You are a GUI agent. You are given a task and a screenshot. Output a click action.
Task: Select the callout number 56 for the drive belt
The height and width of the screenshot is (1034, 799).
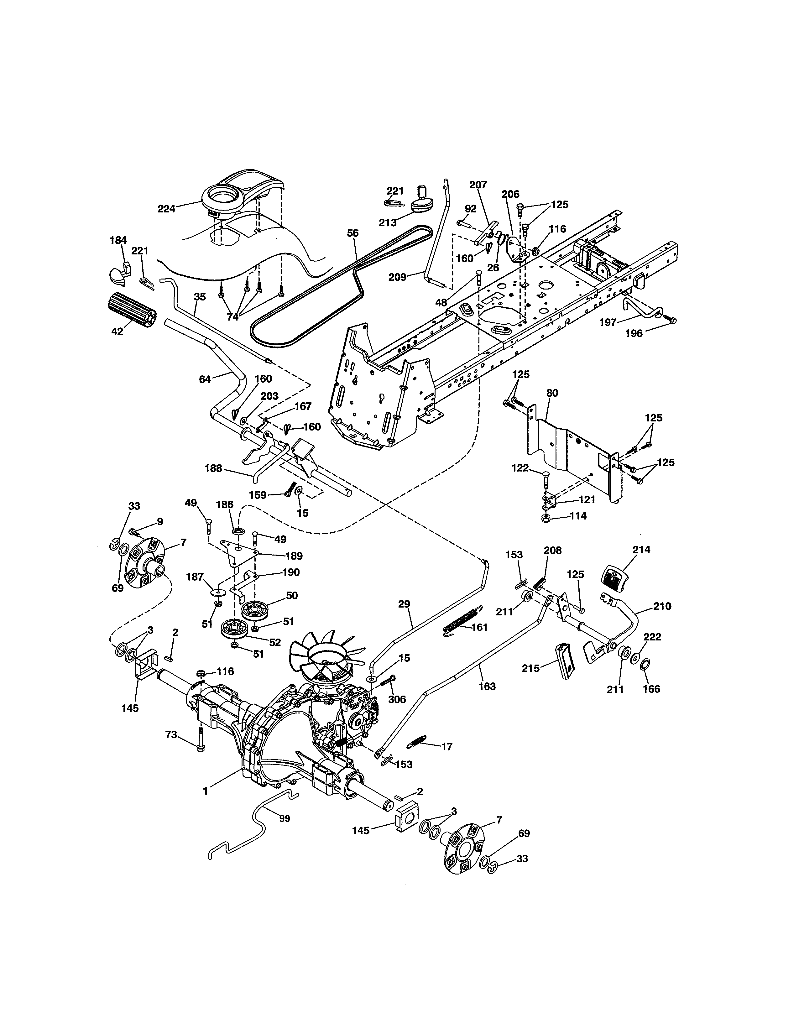[352, 233]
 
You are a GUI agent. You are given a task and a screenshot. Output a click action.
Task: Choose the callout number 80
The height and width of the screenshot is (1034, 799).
[552, 393]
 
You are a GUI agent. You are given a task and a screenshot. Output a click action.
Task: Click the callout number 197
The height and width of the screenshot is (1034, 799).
[608, 322]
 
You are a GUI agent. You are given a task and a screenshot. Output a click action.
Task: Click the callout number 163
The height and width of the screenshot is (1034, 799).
[487, 686]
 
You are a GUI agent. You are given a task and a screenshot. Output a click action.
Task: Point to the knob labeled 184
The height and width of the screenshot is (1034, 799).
[118, 273]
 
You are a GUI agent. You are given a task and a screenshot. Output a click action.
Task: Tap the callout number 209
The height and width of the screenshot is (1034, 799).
[397, 277]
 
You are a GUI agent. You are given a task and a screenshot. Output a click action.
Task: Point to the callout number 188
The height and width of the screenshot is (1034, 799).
[213, 468]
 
